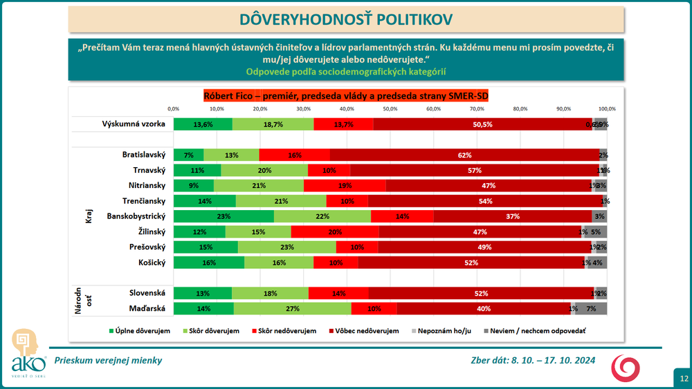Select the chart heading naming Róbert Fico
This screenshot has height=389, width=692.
[x=346, y=96]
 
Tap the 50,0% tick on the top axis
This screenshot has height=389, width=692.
[x=390, y=108]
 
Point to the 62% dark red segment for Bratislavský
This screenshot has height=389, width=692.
[x=464, y=155]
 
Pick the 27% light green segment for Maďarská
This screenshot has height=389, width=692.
[x=293, y=308]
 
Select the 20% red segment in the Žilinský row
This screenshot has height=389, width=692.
[x=335, y=231]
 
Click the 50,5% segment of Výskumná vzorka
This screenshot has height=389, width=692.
[x=483, y=124]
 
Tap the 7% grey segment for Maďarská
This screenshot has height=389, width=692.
[x=592, y=308]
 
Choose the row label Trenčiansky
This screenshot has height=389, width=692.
[x=143, y=201]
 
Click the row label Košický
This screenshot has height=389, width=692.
[x=151, y=262]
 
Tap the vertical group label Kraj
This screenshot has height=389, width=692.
[x=80, y=216]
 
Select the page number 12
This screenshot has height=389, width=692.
[x=683, y=378]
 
